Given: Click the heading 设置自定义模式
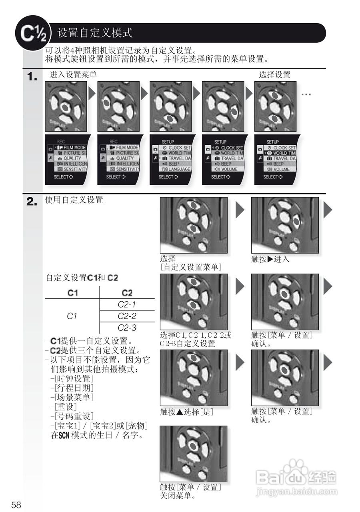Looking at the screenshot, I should tap(95, 33).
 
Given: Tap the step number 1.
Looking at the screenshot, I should tap(32, 77).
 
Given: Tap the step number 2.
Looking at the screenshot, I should tap(32, 202).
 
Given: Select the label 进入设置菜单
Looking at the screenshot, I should tap(73, 75).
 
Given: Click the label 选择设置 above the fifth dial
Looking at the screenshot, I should tap(274, 75).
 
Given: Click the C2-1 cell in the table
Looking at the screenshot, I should tap(127, 304).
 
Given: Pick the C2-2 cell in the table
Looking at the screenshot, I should tap(127, 316).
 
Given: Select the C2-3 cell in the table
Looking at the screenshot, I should tap(127, 328).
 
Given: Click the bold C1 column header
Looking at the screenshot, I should tap(72, 293).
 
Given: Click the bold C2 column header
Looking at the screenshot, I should tap(127, 293).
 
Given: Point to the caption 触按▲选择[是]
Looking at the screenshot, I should tap(186, 412).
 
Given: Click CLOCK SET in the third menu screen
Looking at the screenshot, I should tap(179, 148).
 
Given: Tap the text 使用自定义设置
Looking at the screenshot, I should tap(74, 200).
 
